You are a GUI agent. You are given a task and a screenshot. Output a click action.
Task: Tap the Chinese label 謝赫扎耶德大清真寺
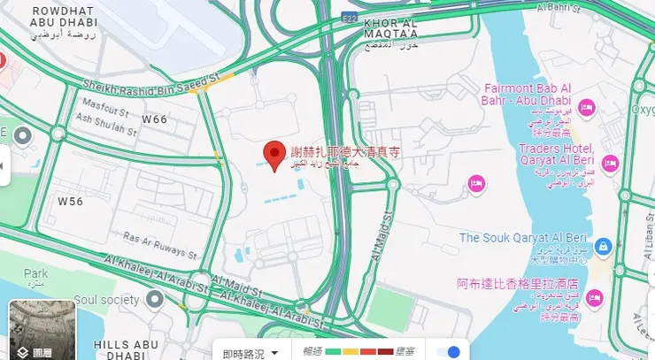tap(346, 152)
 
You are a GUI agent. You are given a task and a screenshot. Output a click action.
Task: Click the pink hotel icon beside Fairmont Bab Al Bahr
tap(586, 108)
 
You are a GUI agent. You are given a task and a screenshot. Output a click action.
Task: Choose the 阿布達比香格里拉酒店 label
tap(517, 285)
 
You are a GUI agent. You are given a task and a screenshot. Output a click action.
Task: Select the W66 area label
tap(155, 119)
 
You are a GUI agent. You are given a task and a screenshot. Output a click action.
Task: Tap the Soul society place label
tap(108, 300)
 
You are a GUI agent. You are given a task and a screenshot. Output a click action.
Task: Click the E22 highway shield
tap(350, 17)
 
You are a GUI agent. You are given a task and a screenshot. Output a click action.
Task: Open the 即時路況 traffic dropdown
tap(250, 353)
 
